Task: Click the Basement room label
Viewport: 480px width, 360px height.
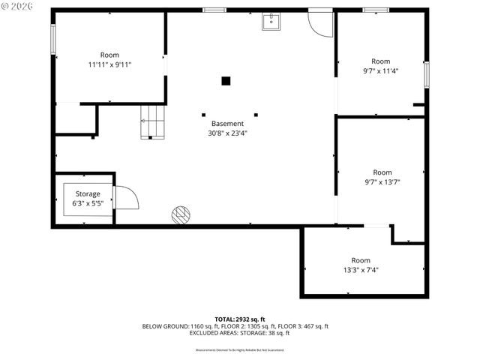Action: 227,124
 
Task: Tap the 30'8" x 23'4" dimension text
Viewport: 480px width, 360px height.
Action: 227,133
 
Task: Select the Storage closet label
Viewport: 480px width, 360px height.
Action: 86,193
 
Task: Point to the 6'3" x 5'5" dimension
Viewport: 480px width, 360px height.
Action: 86,203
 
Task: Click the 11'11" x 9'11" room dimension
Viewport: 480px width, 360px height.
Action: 109,64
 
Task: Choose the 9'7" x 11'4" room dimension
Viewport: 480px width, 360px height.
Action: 381,71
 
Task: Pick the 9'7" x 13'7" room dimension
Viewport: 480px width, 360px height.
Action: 382,182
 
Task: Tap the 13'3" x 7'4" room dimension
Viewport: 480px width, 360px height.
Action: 361,270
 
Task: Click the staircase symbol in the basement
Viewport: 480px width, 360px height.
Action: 153,121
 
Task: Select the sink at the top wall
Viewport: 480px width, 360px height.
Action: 271,22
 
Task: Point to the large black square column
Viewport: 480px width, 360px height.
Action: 225,81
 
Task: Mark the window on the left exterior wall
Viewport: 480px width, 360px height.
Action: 53,39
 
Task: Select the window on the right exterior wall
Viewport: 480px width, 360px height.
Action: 426,74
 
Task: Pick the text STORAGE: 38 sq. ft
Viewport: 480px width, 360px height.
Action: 265,333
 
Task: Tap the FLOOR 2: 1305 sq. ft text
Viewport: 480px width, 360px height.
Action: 250,326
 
